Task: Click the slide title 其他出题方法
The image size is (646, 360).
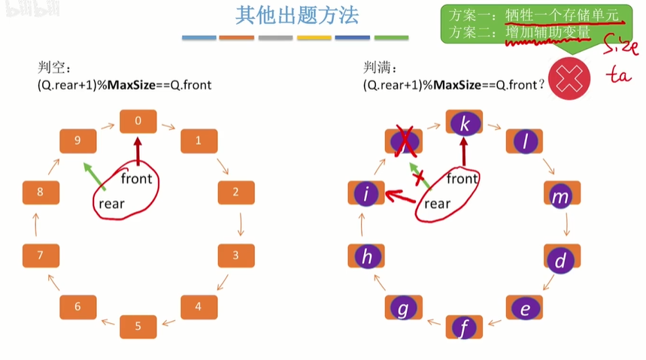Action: (x=296, y=16)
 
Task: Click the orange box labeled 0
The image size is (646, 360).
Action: (x=138, y=121)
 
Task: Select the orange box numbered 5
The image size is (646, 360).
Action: (x=138, y=326)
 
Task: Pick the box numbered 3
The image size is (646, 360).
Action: (x=236, y=255)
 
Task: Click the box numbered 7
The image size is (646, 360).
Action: (x=41, y=256)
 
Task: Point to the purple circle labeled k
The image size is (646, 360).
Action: (x=464, y=122)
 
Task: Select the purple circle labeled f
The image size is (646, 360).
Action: (x=464, y=327)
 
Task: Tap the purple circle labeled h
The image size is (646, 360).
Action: (x=367, y=257)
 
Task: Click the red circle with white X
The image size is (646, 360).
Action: (x=570, y=79)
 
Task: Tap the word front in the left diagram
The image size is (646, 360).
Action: (x=136, y=178)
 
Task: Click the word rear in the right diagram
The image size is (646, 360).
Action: (x=437, y=203)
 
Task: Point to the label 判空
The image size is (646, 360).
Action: (x=54, y=68)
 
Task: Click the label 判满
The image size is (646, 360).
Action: (x=381, y=68)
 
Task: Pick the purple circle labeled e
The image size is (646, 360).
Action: (x=526, y=307)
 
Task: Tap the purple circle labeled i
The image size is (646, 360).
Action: (x=367, y=194)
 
